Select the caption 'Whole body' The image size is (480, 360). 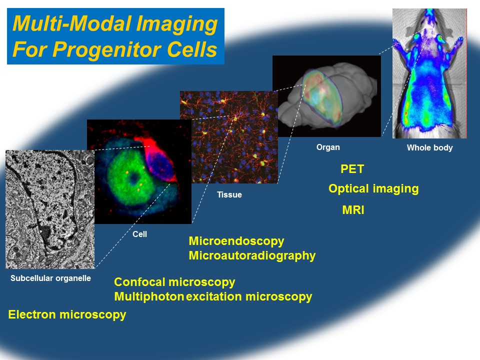pos(429,148)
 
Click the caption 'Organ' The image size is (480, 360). pos(328,147)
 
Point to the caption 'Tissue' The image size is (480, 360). pos(229,194)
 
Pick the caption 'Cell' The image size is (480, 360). pos(139,234)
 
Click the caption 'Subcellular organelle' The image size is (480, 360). pos(50,278)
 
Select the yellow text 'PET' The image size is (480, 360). pos(352,169)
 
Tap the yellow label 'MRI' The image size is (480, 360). pos(353,210)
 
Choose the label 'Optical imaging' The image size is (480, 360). pos(373,189)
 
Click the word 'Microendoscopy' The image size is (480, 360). pos(236,241)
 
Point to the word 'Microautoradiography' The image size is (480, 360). pos(252,255)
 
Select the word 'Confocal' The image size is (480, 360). pos(139,282)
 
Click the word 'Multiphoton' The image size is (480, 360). pos(149,296)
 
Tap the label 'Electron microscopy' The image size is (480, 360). pos(67,314)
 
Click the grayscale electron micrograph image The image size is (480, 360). pos(50,209)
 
